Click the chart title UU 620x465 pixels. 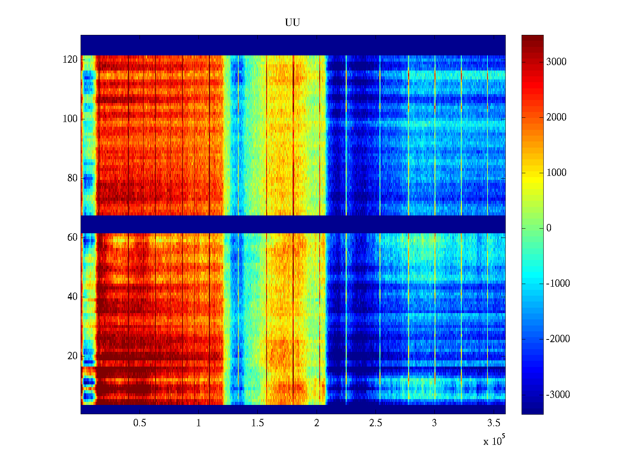[293, 23]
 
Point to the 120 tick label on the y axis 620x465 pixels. [70, 60]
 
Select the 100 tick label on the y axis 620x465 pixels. [70, 119]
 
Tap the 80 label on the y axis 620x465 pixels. [72, 178]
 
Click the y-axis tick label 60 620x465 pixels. [72, 238]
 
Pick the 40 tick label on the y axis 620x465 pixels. [72, 297]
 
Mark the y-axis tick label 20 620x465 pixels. [72, 356]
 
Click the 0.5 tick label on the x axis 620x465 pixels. [140, 423]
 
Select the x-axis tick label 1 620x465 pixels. [199, 423]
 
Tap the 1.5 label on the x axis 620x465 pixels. [258, 423]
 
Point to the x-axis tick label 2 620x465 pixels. [317, 423]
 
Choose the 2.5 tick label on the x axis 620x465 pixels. [375, 423]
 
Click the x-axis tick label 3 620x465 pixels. [434, 423]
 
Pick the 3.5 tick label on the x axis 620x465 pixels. [494, 423]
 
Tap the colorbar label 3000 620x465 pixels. [556, 62]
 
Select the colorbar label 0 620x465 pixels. [549, 228]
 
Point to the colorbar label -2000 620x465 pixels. [558, 339]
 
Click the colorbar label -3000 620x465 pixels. [558, 395]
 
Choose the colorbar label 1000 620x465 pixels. [556, 173]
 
